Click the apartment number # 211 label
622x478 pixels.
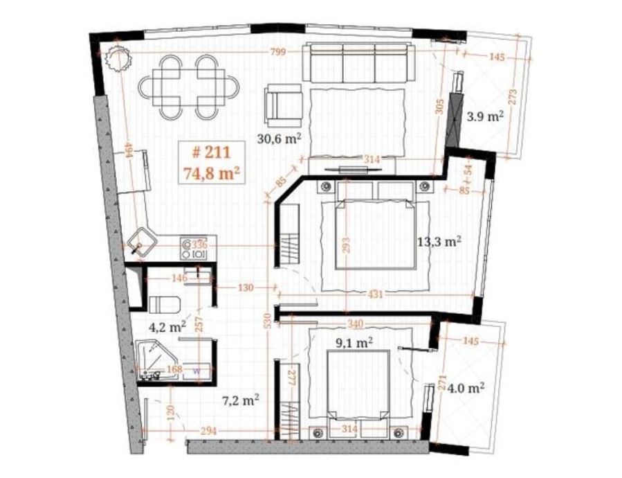pyautogui.click(x=211, y=152)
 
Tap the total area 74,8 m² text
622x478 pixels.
pyautogui.click(x=212, y=174)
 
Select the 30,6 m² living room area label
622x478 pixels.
pyautogui.click(x=280, y=139)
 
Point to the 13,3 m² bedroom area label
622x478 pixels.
pyautogui.click(x=439, y=241)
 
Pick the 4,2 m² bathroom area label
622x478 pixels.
pyautogui.click(x=167, y=328)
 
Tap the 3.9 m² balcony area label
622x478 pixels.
pyautogui.click(x=485, y=117)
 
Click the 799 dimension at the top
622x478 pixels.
pyautogui.click(x=277, y=52)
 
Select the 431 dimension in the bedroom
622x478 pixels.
pyautogui.click(x=375, y=294)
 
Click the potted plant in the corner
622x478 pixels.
pyautogui.click(x=118, y=58)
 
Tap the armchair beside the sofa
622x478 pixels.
pyautogui.click(x=284, y=105)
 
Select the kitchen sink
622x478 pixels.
pyautogui.click(x=142, y=241)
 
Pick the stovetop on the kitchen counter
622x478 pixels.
pyautogui.click(x=194, y=248)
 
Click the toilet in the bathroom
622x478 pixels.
pyautogui.click(x=165, y=305)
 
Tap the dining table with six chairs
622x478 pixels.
pyautogui.click(x=189, y=87)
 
